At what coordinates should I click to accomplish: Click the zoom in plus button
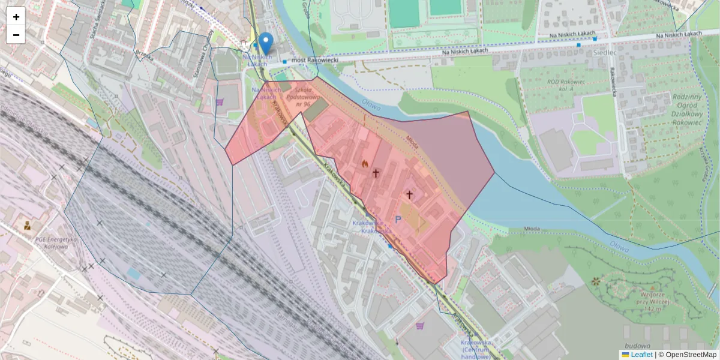[x=16, y=17]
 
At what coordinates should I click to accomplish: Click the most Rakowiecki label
[x=314, y=60]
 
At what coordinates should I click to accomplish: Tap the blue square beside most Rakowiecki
[x=284, y=61]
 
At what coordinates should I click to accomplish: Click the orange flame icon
[x=364, y=163]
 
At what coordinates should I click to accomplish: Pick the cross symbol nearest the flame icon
[x=376, y=173]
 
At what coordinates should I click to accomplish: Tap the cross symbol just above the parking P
[x=410, y=194]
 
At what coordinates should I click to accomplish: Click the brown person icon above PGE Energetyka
[x=27, y=226]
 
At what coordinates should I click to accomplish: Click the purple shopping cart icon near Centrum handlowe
[x=419, y=326]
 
